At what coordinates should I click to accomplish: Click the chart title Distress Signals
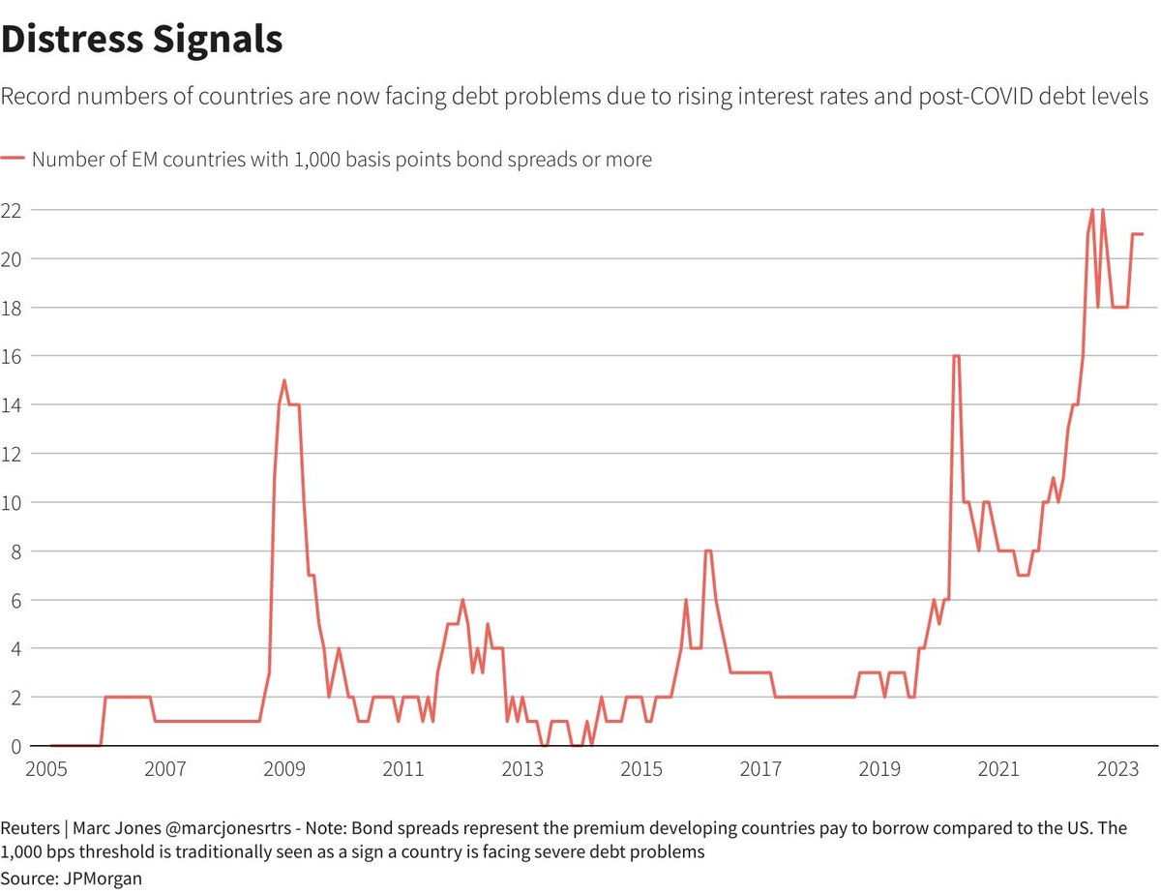pos(142,39)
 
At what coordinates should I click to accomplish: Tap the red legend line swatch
pos(13,160)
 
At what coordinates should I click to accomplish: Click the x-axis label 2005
pos(46,769)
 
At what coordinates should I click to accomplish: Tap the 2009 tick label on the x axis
pos(284,769)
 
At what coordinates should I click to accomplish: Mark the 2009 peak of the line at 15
pos(283,380)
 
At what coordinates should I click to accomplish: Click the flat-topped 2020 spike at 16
pos(956,356)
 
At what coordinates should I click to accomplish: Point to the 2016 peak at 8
pos(708,551)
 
